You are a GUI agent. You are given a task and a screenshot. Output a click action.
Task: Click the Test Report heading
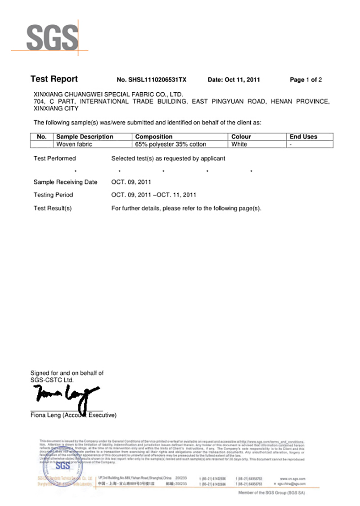tap(54, 79)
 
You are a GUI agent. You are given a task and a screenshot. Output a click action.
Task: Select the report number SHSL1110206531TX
tap(151, 80)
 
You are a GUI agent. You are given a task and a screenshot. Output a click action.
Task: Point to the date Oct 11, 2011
tap(234, 80)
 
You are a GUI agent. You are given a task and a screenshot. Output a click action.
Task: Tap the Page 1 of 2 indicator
tap(306, 80)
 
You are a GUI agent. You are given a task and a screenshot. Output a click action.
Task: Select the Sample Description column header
tap(84, 137)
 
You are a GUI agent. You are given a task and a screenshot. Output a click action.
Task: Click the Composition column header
tap(153, 137)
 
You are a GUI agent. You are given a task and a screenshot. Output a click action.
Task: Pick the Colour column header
tap(241, 137)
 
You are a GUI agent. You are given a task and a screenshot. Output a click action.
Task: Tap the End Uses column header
tap(303, 137)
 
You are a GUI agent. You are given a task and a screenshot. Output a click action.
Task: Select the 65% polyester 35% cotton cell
tap(171, 144)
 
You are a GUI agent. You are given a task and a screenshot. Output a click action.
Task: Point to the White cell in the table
tap(239, 144)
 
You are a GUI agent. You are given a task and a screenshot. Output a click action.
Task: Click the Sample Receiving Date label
tap(65, 182)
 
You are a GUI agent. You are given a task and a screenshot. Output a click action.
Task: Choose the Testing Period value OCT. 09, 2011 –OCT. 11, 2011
tap(153, 195)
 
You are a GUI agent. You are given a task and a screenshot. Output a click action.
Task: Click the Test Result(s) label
tap(53, 208)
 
